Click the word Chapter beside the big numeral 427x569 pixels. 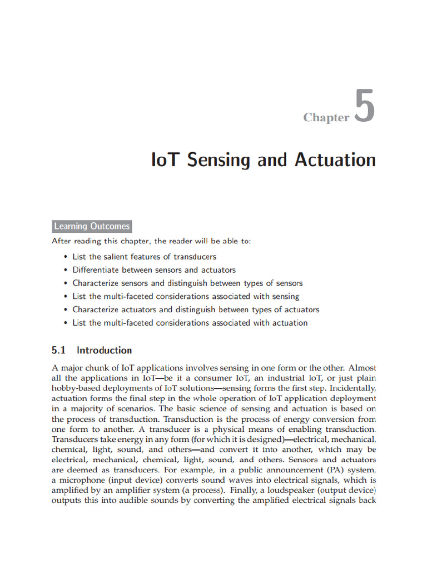pyautogui.click(x=326, y=117)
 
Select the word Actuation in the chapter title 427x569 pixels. pyautogui.click(x=335, y=160)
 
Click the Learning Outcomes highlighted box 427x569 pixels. pyautogui.click(x=92, y=226)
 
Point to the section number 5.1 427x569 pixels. pyautogui.click(x=59, y=350)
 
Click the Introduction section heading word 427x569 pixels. pyautogui.click(x=104, y=350)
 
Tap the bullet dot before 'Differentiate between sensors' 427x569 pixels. pyautogui.click(x=66, y=270)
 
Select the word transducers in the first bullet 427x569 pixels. pyautogui.click(x=195, y=257)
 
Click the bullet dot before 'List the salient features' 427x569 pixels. pyautogui.click(x=66, y=257)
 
